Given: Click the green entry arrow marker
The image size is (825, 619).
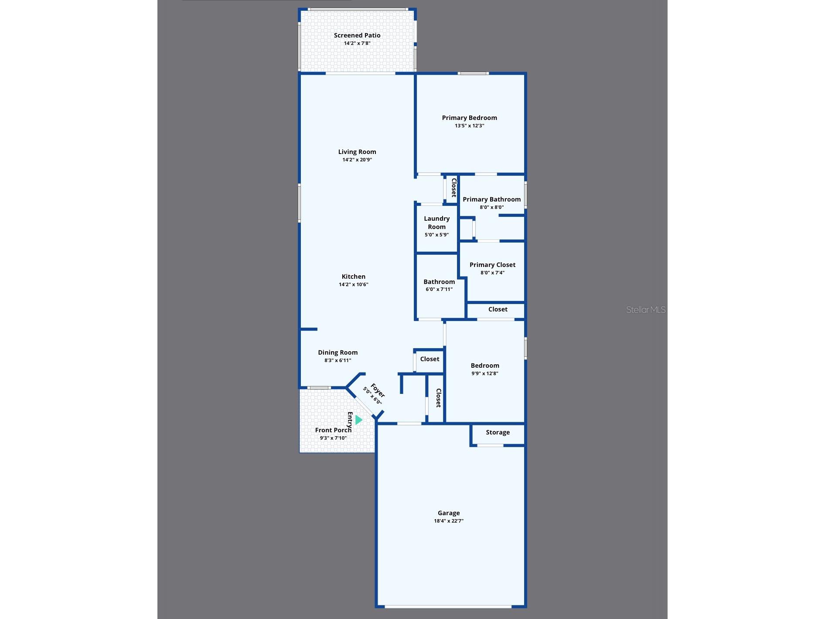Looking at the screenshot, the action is coord(359,420).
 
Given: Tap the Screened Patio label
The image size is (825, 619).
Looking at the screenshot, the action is coord(357,35).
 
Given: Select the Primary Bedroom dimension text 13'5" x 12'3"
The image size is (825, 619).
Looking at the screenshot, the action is coord(469,126).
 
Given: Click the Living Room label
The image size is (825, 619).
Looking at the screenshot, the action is coord(357,152).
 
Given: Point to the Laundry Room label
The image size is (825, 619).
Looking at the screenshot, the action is coord(436,222).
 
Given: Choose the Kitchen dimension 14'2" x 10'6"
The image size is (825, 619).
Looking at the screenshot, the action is coord(354,284).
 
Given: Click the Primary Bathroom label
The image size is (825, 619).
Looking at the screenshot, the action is coord(492,199).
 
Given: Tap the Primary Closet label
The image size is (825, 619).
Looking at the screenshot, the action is coord(492,265).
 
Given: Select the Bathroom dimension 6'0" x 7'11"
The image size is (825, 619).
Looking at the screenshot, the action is coord(439,289).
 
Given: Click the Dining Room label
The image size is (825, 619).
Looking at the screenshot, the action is coord(337,352).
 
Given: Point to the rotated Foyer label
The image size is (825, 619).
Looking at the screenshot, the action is coord(378,390).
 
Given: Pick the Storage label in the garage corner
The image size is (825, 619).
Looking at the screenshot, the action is coord(498,432).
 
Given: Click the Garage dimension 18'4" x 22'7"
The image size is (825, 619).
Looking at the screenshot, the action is coord(449,521).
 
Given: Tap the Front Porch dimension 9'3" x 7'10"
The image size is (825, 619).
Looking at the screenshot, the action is coord(333,438).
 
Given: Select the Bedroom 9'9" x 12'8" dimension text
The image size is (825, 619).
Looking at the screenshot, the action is coord(485,373).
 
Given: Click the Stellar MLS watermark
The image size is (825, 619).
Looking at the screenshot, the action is coord(646,310).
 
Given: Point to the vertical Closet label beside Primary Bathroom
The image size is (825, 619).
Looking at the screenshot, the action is coord(453,188).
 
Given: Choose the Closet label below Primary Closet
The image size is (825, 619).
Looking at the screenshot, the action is coord(498,309).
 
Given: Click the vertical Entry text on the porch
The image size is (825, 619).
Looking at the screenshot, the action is coord(350,420).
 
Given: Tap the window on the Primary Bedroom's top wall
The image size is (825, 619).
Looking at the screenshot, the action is coord(473,73).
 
